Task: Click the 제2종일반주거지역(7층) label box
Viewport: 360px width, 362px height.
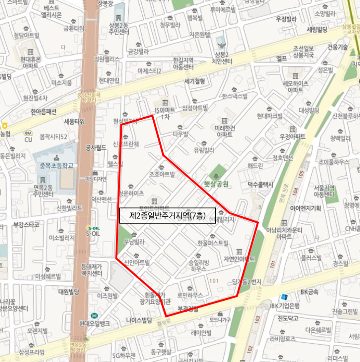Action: [x=167, y=216]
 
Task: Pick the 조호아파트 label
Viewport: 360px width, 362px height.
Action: [x=162, y=174]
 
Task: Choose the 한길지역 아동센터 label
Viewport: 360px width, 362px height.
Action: [x=183, y=64]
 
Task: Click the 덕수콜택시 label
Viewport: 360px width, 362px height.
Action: [x=260, y=184]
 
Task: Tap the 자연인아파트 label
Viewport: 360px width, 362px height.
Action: [x=239, y=259]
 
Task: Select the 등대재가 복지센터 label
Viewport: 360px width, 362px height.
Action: [x=92, y=270]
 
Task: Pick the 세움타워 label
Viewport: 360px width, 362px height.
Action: [x=74, y=122]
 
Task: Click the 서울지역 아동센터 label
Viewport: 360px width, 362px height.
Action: [x=324, y=191]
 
